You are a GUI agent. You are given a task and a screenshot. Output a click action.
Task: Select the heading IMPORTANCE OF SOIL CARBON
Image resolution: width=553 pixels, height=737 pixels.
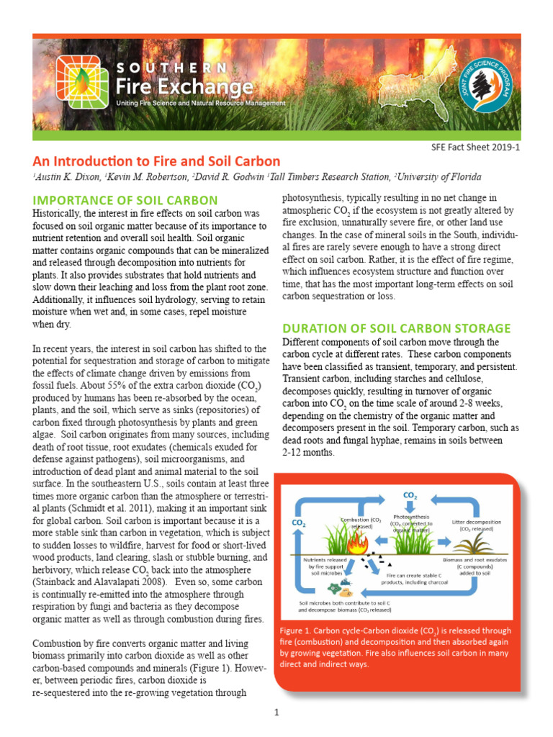(x=125, y=199)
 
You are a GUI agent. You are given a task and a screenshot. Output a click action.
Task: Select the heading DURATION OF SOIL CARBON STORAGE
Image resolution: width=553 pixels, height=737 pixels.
(x=396, y=328)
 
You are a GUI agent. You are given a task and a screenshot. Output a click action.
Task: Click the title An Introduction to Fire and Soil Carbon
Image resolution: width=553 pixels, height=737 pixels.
(x=156, y=161)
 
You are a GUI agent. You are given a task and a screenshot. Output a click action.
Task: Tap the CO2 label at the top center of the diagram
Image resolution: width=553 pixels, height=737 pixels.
(x=410, y=496)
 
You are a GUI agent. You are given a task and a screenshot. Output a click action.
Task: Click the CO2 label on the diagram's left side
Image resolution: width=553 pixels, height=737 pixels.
(x=298, y=524)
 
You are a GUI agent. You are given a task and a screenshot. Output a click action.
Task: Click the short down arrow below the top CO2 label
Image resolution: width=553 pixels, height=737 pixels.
(x=410, y=507)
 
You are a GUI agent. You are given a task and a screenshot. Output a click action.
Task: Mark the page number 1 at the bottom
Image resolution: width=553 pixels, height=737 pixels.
(x=276, y=712)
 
